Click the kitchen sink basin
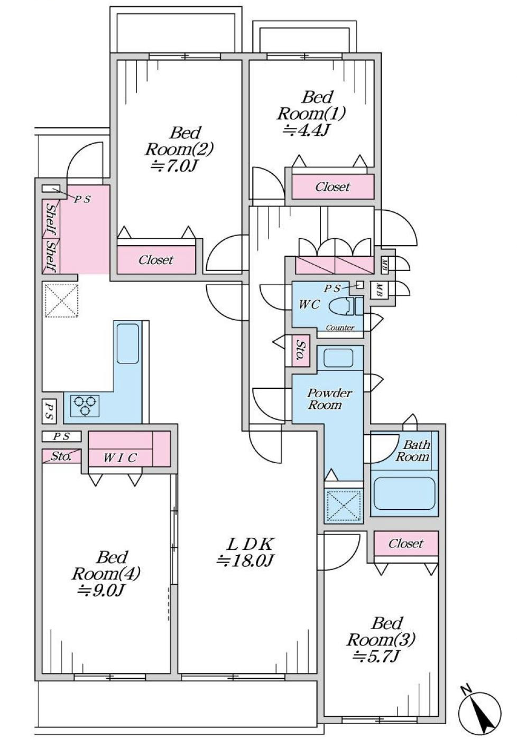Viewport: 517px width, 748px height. [127, 343]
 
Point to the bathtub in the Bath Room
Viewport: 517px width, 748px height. [404, 493]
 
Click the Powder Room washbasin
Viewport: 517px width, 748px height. [338, 358]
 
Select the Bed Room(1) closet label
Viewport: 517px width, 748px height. [333, 186]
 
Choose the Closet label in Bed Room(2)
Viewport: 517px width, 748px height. [156, 260]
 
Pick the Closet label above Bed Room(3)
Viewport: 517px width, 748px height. [406, 544]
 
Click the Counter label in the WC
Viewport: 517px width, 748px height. [340, 328]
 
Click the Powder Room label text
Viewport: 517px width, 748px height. [329, 399]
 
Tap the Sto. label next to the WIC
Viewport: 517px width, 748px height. [61, 456]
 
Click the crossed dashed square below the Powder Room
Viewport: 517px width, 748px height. [344, 505]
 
